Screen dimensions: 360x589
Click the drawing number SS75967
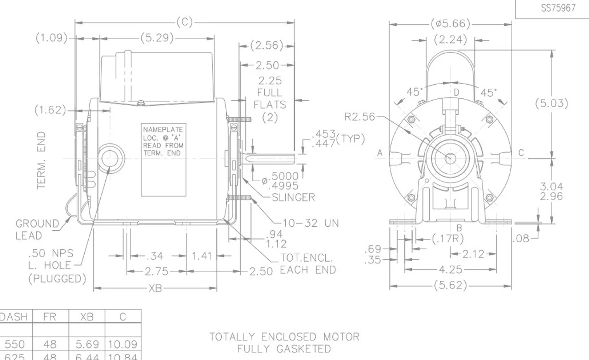(x=558, y=8)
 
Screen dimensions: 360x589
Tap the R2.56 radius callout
(x=359, y=117)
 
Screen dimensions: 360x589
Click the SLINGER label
(x=293, y=197)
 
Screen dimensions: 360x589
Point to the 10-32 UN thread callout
(x=310, y=223)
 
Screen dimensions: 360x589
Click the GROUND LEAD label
(x=37, y=229)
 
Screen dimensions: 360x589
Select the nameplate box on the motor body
(x=163, y=159)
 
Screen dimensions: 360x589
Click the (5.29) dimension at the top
(x=157, y=38)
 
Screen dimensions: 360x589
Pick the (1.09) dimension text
(x=52, y=38)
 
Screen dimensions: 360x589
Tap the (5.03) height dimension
(x=551, y=103)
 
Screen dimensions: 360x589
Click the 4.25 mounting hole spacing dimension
(x=451, y=270)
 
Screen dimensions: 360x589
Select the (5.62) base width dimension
(x=450, y=286)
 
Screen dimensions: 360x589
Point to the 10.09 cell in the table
(x=123, y=344)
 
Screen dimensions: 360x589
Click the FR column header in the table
(x=49, y=316)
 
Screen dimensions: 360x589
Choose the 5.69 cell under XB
(x=87, y=344)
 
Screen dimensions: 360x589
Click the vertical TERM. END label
(x=42, y=160)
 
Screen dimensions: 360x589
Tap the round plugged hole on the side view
(x=110, y=159)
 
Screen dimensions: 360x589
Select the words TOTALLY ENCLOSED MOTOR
(x=284, y=337)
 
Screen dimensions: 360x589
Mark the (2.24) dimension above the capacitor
(x=450, y=40)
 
